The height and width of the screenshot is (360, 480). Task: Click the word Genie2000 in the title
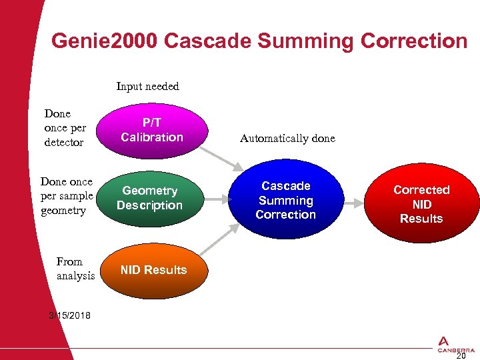coord(104,41)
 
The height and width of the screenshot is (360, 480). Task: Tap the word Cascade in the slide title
coord(206,41)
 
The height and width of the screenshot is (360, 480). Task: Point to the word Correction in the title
coord(413,41)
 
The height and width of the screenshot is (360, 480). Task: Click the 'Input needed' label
coord(147,86)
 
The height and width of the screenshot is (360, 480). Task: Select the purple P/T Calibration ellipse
coord(152,131)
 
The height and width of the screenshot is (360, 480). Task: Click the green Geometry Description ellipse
coord(149,199)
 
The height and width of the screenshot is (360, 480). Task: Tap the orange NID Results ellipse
coord(153,270)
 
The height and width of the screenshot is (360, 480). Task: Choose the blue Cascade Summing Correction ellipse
coord(285,200)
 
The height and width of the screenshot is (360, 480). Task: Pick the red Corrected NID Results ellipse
coord(421,204)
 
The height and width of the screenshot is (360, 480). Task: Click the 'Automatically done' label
coord(287,139)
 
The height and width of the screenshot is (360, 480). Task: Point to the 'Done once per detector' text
coord(64,128)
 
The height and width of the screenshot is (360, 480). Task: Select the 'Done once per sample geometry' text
coord(66,196)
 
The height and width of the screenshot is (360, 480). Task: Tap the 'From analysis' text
coord(75,269)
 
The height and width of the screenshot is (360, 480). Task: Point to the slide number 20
coord(460,355)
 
